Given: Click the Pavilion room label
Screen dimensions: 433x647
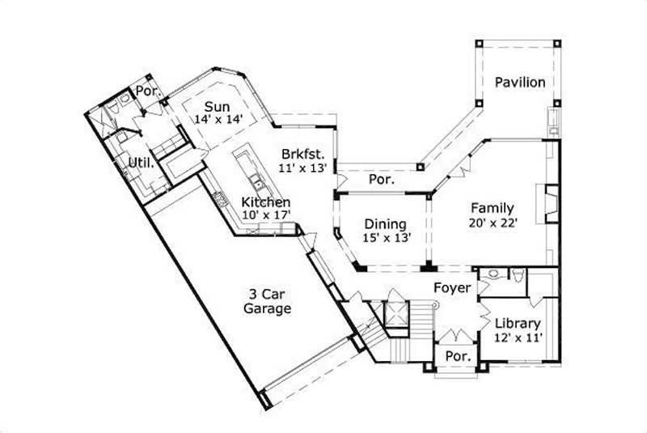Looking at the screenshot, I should click(x=519, y=82).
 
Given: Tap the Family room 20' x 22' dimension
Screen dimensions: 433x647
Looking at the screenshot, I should click(x=493, y=222).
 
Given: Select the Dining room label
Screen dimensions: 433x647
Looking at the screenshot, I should click(x=385, y=224).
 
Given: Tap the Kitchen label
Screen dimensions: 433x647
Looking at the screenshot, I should click(x=266, y=202).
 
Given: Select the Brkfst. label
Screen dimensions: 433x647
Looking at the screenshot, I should click(x=302, y=154).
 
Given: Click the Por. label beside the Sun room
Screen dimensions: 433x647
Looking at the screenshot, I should click(x=146, y=91).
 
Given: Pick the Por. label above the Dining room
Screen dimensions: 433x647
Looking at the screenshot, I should click(x=381, y=180).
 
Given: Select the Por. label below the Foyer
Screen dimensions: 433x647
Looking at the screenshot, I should click(x=459, y=356).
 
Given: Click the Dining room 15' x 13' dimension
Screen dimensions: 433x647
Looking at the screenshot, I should click(x=385, y=238).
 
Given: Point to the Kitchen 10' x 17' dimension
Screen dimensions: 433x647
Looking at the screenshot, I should click(x=266, y=215).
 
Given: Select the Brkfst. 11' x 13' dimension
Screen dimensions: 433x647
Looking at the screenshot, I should click(x=302, y=168).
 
